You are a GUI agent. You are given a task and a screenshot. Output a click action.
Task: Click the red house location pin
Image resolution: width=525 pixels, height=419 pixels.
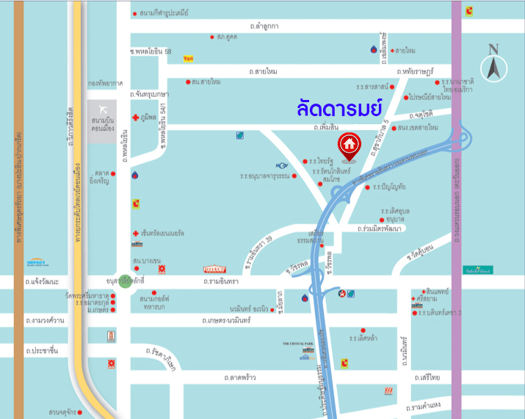348,143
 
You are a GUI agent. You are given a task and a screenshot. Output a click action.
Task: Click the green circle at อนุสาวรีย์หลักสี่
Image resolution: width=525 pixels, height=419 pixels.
126,281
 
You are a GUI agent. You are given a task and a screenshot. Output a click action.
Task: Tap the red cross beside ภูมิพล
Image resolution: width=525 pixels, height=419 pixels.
135,117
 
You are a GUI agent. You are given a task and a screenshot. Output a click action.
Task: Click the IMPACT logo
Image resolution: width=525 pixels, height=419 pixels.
36,262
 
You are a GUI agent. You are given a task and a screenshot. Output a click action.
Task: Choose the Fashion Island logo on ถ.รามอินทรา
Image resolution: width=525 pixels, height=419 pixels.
214,269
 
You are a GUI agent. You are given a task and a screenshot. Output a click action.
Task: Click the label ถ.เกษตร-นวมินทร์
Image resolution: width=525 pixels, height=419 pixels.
228,320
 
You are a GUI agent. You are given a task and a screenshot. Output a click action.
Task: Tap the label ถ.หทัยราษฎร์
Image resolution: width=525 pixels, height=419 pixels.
418,71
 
